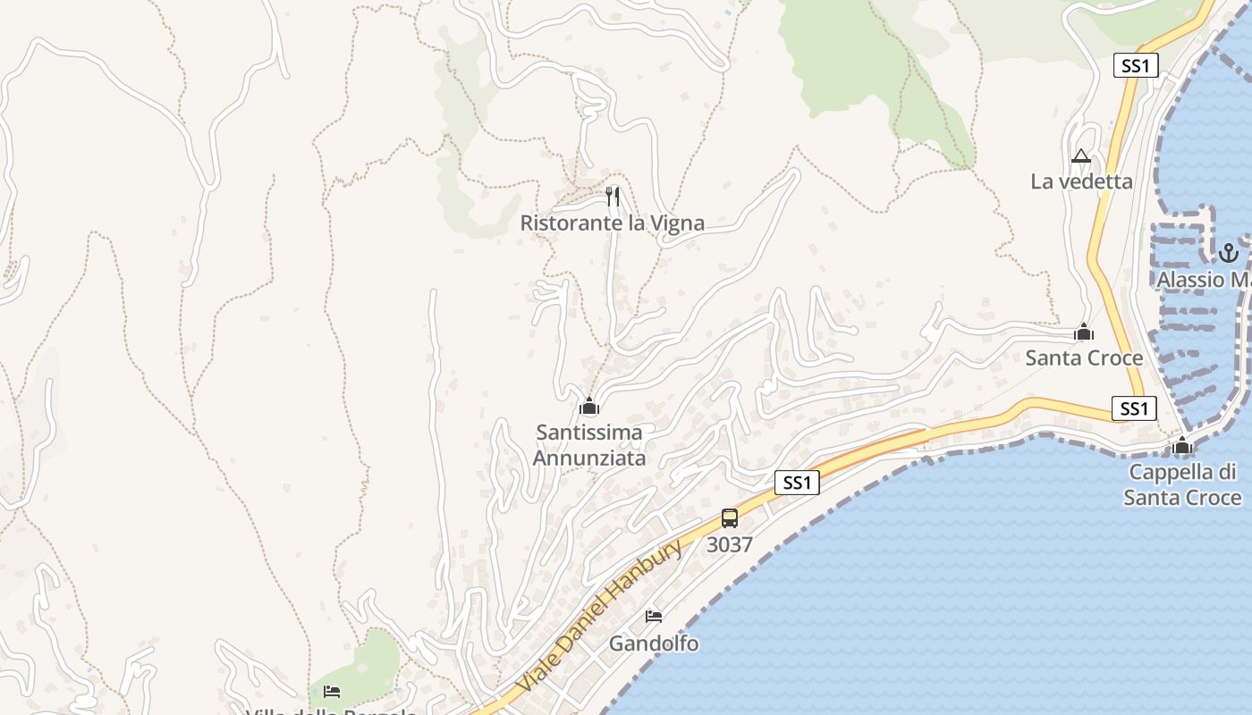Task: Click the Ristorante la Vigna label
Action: pyautogui.click(x=613, y=223)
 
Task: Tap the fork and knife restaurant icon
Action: pyautogui.click(x=613, y=196)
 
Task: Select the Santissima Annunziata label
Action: pyautogui.click(x=588, y=445)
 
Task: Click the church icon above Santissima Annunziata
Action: pyautogui.click(x=588, y=407)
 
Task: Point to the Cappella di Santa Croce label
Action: pyautogui.click(x=1182, y=484)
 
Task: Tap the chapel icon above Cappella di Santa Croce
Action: pyautogui.click(x=1182, y=445)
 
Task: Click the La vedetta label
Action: pyautogui.click(x=1081, y=181)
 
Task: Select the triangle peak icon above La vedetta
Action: pyautogui.click(x=1081, y=156)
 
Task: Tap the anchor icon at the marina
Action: pyautogui.click(x=1227, y=253)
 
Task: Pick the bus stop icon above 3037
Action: pyautogui.click(x=730, y=518)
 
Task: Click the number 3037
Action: pyautogui.click(x=730, y=544)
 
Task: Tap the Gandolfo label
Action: pyautogui.click(x=654, y=643)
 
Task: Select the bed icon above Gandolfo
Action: pyautogui.click(x=654, y=617)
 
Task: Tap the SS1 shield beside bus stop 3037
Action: pyautogui.click(x=797, y=484)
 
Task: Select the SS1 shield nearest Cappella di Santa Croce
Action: pyautogui.click(x=1134, y=408)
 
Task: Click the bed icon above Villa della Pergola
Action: pyautogui.click(x=332, y=692)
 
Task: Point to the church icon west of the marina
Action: pyautogui.click(x=1084, y=333)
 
